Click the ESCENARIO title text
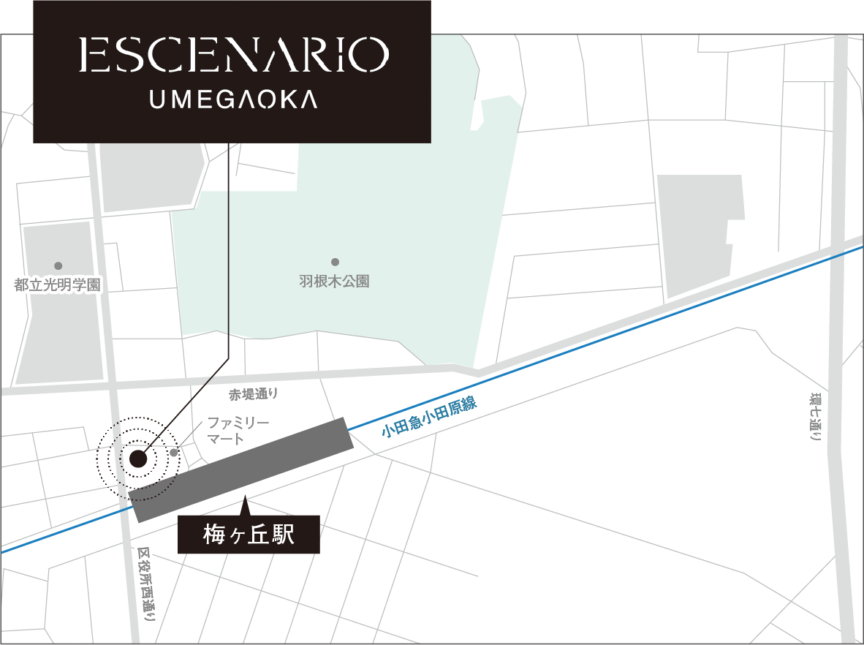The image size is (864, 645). [232, 56]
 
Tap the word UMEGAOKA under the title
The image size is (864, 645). [233, 99]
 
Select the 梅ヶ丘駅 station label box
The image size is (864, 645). [249, 535]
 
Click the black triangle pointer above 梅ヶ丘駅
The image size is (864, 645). [246, 505]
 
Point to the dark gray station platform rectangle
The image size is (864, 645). [242, 469]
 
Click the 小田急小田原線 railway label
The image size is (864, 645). [428, 416]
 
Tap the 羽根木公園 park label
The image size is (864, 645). [334, 281]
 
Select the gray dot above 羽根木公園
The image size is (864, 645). [335, 262]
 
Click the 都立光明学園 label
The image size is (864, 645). [57, 284]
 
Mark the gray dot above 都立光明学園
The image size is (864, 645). [58, 265]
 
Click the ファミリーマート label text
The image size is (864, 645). [238, 431]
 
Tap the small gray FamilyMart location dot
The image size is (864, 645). [174, 453]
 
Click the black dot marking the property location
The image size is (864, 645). [137, 459]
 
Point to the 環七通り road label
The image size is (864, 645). [814, 418]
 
